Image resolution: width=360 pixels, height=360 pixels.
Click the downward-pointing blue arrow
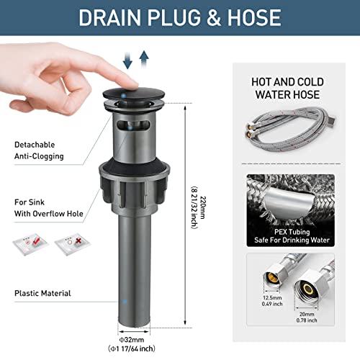[127, 61]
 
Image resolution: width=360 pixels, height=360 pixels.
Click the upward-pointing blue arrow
[144, 59]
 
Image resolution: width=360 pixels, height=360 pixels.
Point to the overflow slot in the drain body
[133, 125]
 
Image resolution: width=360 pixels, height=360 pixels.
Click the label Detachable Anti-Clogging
[39, 150]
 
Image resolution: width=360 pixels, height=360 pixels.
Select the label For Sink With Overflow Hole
[49, 208]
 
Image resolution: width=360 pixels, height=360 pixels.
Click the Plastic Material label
[42, 293]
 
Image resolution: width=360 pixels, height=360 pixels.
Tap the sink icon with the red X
[72, 243]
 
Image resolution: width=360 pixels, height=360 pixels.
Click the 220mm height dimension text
[203, 208]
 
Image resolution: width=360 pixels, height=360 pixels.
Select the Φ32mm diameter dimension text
[132, 340]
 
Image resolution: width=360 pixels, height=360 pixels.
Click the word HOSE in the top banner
[254, 17]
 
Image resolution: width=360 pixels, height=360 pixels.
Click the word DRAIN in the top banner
[109, 17]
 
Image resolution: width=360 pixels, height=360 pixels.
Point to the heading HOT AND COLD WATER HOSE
[287, 88]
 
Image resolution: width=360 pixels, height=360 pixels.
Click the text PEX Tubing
[292, 232]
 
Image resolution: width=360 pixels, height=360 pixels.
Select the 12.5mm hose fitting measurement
[272, 298]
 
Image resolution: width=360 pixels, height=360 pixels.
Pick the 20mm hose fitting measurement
[307, 314]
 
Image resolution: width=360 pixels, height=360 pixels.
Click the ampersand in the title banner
[213, 17]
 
